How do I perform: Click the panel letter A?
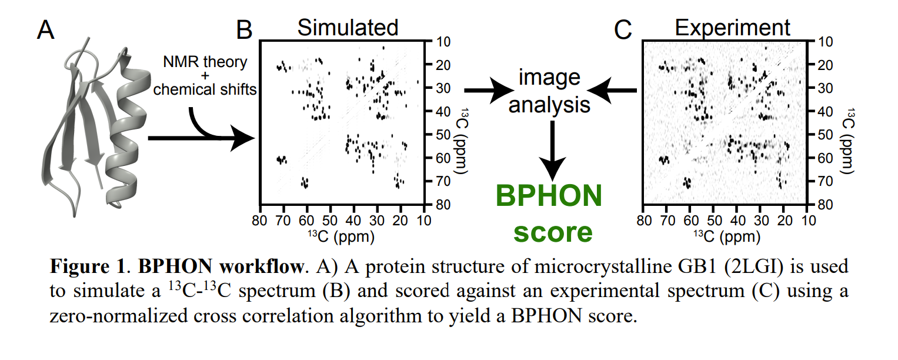[x=46, y=29]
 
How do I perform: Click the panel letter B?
[x=243, y=29]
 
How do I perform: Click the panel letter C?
[x=623, y=29]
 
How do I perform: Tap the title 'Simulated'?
[x=348, y=28]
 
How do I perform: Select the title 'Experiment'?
[x=732, y=28]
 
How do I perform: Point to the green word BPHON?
[x=549, y=196]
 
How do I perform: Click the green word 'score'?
[x=553, y=232]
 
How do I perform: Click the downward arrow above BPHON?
[x=552, y=151]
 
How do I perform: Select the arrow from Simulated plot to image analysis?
[x=489, y=91]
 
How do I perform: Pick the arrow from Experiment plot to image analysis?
[x=612, y=91]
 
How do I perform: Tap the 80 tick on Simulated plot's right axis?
[x=443, y=205]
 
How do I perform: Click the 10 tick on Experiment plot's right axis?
[x=826, y=42]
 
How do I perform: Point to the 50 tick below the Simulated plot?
[x=330, y=221]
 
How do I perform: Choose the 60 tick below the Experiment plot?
[x=691, y=221]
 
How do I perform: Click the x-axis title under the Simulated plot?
[x=341, y=236]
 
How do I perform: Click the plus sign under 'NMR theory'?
[x=205, y=75]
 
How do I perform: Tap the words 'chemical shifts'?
[x=205, y=89]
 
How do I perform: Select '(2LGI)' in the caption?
[x=754, y=267]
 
